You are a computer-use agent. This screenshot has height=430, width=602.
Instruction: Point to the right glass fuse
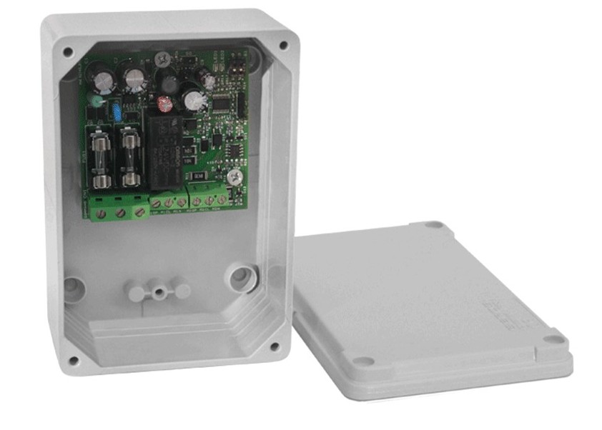pos(129,156)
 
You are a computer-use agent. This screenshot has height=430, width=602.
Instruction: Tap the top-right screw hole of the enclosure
pos(282,45)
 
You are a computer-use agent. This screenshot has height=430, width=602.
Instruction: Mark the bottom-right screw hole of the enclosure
pos(274,347)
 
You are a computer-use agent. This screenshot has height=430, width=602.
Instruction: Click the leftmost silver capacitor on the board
pos(104,81)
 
